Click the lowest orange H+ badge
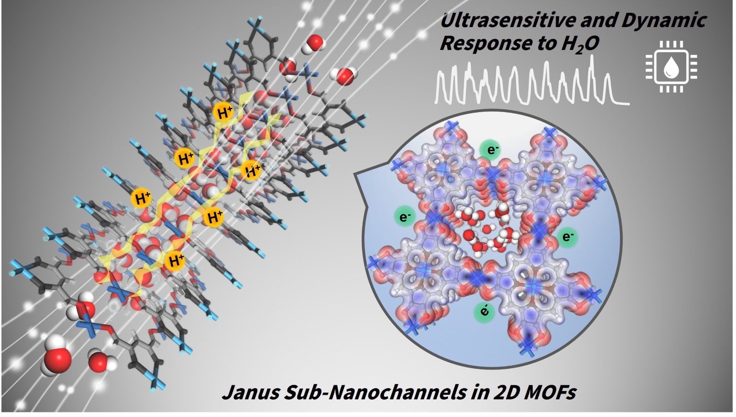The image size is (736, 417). tap(176, 261)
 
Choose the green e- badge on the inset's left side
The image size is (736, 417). tap(404, 217)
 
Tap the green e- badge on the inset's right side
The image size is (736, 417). tap(568, 237)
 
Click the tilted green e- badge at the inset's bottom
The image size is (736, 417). tap(484, 311)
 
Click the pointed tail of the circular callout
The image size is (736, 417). tap(354, 173)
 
